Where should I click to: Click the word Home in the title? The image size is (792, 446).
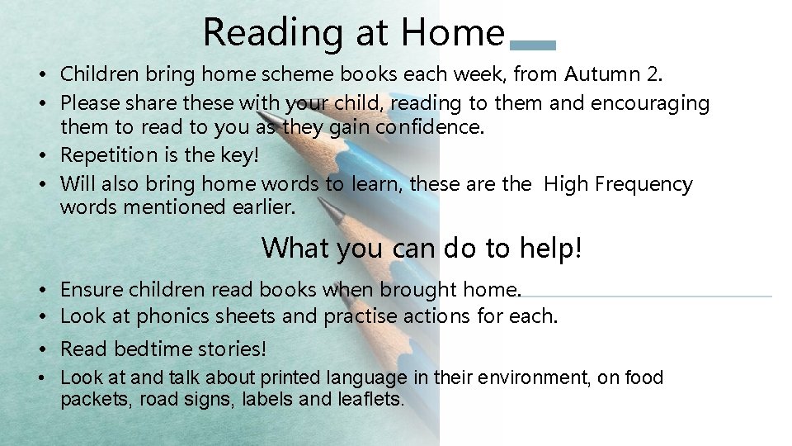click(x=452, y=33)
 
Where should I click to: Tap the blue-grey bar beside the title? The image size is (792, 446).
click(x=533, y=45)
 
